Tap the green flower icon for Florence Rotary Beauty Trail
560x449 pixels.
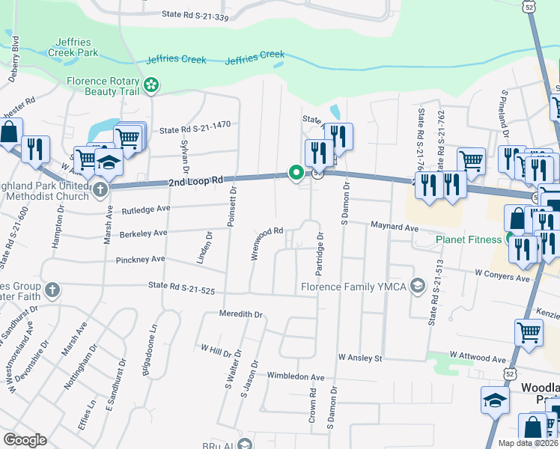(x=152, y=85)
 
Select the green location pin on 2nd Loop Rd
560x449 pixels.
(x=296, y=174)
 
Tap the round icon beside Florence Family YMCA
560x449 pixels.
(x=418, y=286)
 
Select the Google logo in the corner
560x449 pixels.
(x=25, y=439)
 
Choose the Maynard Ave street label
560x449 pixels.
(x=394, y=226)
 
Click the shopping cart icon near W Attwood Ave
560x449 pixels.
(x=529, y=329)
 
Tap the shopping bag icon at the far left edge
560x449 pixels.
(x=10, y=132)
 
